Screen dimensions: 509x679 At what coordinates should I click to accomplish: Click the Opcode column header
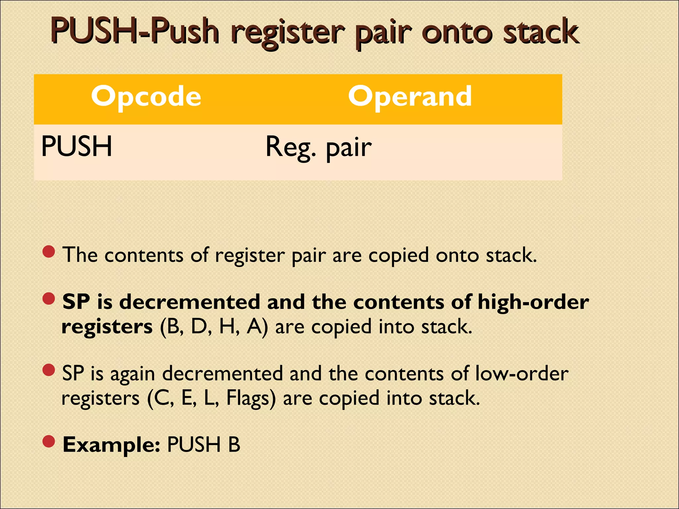(146, 96)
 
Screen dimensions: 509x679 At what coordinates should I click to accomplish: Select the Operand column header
(410, 96)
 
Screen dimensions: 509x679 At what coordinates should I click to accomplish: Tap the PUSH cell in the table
(77, 146)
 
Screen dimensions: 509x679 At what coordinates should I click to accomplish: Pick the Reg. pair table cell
(318, 147)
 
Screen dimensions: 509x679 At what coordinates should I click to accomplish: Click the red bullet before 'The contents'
(49, 252)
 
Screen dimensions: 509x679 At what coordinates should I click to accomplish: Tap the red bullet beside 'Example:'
(49, 441)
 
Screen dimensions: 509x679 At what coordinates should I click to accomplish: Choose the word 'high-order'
(533, 302)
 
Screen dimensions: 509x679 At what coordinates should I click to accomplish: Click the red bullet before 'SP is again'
(49, 370)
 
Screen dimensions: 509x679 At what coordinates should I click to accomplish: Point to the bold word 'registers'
(107, 327)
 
